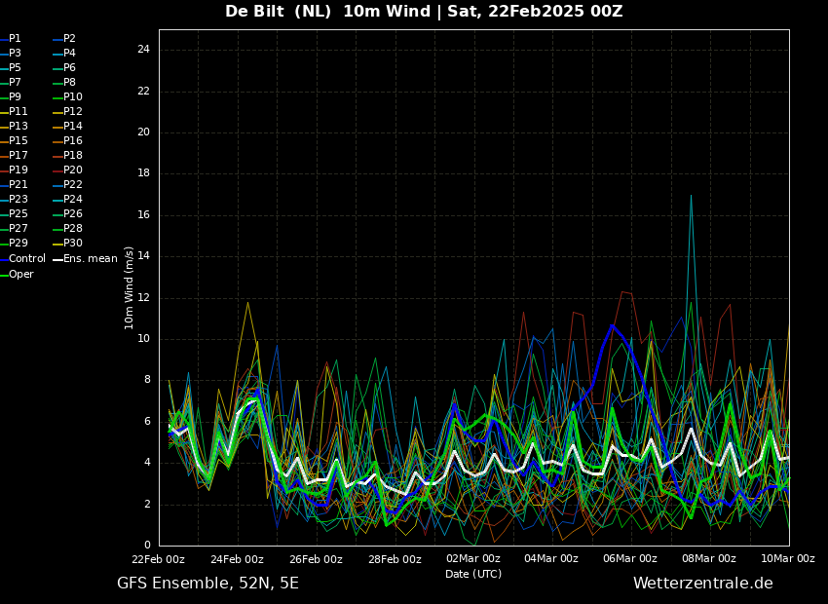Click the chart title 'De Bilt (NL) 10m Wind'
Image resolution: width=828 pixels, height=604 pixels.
coord(327,11)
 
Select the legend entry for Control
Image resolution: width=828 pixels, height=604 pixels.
coord(22,259)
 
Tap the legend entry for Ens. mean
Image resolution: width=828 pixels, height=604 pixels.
coord(86,259)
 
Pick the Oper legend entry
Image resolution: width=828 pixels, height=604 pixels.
coord(17,274)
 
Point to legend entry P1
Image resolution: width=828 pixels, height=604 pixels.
coord(11,39)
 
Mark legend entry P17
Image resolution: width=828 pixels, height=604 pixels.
coord(15,155)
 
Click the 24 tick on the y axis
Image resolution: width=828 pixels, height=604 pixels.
coord(143,50)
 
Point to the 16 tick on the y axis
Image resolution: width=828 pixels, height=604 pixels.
coord(143,215)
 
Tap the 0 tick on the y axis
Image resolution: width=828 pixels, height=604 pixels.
coord(147,545)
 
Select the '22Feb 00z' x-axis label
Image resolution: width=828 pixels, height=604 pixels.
coord(159,559)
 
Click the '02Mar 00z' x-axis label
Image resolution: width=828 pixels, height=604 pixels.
coord(473,559)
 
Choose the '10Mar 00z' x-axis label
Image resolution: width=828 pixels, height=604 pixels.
coord(788,559)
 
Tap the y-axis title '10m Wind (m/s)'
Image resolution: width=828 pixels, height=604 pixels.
coord(129,287)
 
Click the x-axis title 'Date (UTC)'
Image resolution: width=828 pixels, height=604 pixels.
coord(473,574)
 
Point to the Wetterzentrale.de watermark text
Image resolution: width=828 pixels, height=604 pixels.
coord(703,584)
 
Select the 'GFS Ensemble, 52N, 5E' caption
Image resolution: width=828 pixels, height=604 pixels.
coord(207,584)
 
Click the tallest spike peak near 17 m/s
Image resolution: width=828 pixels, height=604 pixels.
coord(691,196)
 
